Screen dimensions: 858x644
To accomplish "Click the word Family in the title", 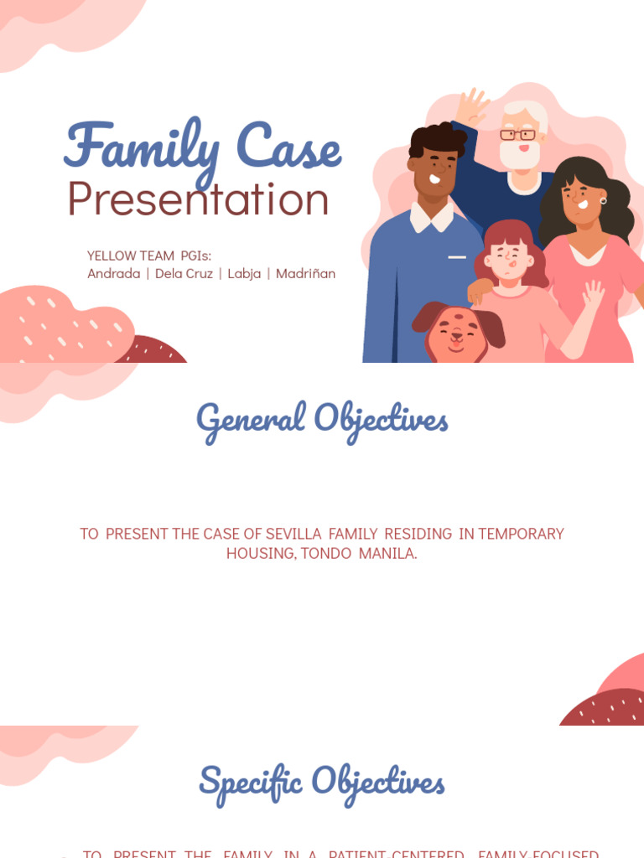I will (141, 148).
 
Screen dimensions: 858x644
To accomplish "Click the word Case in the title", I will (288, 148).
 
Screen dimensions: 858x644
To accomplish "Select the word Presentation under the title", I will (198, 199).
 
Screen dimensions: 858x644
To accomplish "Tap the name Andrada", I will (114, 273).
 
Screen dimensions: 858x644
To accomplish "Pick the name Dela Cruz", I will (184, 273).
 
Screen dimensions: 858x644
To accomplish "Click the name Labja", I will (244, 273).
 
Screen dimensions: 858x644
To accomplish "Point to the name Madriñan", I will (305, 273).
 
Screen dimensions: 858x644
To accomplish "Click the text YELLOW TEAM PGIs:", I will (149, 255).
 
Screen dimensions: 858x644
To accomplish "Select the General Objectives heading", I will (322, 418).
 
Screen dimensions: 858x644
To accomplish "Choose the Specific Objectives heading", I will (322, 781).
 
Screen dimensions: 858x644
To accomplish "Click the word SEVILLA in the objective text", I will (293, 534).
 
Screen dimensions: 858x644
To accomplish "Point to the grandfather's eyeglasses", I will (517, 134).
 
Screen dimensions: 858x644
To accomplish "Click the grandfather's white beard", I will (520, 155).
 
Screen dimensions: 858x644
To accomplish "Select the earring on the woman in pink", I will (602, 200).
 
